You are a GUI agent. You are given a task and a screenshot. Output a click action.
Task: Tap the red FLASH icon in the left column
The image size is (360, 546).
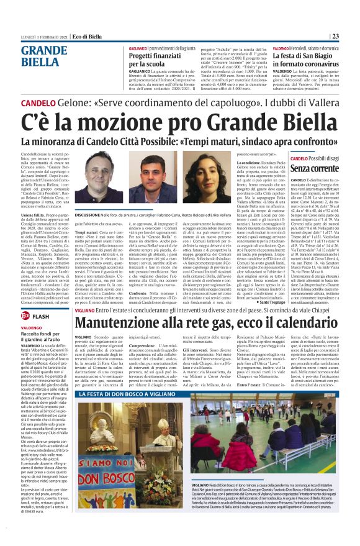pos(37,317)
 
